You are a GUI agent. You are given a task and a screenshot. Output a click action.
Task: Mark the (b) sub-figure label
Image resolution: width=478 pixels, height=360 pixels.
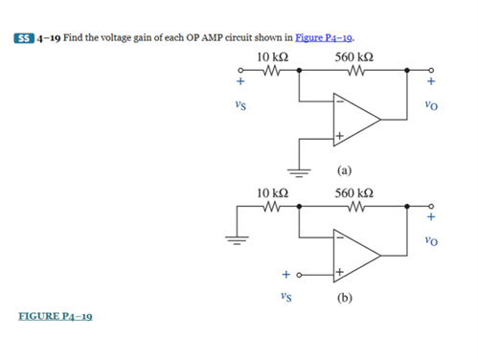pyautogui.click(x=344, y=297)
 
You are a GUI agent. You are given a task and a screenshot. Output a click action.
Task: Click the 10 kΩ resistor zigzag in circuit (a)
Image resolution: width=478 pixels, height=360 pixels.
pyautogui.click(x=270, y=70)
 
